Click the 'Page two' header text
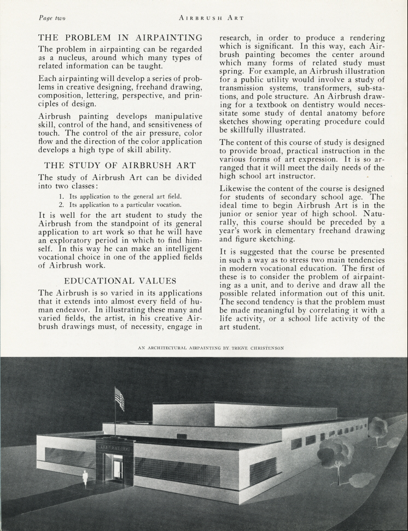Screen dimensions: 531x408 pos(52,18)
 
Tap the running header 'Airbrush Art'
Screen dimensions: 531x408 pos(211,18)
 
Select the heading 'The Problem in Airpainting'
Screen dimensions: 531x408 pos(120,38)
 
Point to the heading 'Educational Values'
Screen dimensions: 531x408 pos(120,281)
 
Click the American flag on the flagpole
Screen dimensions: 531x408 pos(119,398)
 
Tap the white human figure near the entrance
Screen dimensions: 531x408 pos(85,478)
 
